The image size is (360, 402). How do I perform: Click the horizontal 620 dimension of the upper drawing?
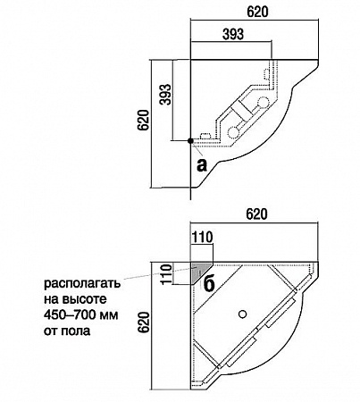tap(257, 12)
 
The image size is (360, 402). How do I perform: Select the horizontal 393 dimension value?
tap(233, 34)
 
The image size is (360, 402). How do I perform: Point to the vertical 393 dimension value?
tap(165, 94)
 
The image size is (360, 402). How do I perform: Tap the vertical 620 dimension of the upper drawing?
tap(143, 120)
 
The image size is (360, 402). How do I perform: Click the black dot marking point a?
tap(190, 141)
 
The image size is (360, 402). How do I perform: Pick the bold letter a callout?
tap(202, 165)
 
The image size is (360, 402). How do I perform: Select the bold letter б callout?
tap(209, 284)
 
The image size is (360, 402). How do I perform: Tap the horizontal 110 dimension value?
tap(202, 238)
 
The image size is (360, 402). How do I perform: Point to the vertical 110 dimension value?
tap(167, 273)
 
